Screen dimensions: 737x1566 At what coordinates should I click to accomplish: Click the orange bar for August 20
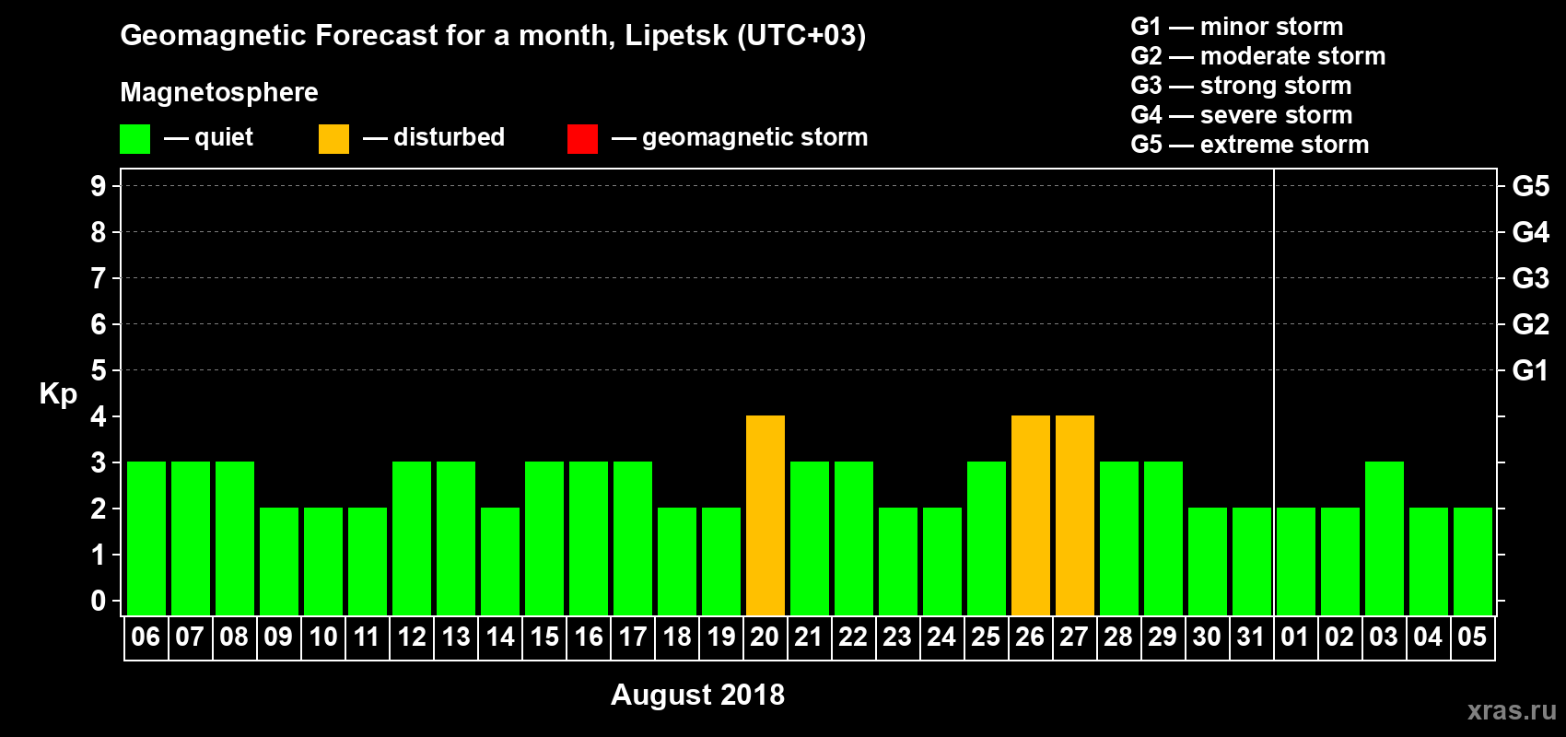click(765, 515)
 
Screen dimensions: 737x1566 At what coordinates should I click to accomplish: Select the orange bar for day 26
click(1030, 515)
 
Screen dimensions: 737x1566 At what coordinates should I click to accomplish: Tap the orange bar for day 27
click(1074, 515)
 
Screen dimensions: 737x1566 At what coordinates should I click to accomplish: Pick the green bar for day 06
click(146, 538)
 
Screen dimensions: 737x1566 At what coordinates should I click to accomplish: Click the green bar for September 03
click(1384, 538)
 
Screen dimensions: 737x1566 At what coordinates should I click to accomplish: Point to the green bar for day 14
click(499, 561)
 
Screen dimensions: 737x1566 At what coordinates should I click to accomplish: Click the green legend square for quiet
click(134, 139)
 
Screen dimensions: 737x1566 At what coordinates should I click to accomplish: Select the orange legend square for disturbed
click(333, 139)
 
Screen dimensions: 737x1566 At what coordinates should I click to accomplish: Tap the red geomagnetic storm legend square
click(582, 139)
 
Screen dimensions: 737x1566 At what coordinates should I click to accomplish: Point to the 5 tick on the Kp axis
click(99, 370)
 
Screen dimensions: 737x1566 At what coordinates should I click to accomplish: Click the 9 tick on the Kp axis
click(99, 186)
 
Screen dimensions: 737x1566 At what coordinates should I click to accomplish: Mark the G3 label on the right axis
click(1530, 278)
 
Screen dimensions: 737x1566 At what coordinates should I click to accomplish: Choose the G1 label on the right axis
click(1530, 370)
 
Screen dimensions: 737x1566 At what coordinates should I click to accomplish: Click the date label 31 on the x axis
click(1250, 637)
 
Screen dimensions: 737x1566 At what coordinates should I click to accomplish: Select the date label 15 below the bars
click(543, 637)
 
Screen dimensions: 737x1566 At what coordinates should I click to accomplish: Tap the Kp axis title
click(58, 394)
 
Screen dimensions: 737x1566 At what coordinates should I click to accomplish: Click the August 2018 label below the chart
click(697, 695)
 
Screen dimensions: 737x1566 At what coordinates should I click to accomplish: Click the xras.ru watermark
click(1512, 710)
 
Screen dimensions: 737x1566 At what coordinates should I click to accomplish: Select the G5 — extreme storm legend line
click(1249, 145)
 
